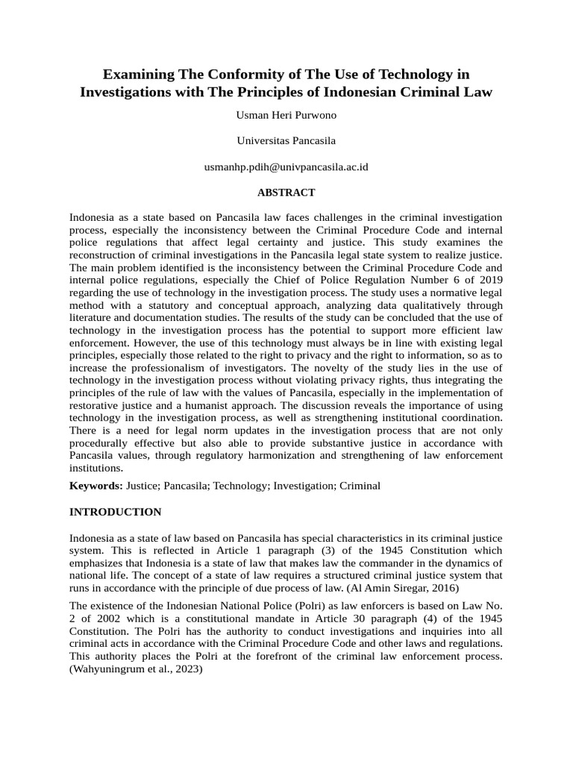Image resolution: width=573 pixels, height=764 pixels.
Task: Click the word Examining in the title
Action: coord(137,75)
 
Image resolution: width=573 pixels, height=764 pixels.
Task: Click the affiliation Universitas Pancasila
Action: coord(286,140)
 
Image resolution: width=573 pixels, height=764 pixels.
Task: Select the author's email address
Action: coord(286,167)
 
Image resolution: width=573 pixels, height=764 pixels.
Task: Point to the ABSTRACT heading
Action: coord(286,192)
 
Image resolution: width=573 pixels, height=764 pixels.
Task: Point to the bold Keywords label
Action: coord(95,486)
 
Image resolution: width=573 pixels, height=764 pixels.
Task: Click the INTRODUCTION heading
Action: coord(115,512)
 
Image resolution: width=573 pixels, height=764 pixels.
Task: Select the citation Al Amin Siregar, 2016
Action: coord(399,587)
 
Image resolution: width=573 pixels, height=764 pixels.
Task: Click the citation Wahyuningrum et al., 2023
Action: coord(136,669)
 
